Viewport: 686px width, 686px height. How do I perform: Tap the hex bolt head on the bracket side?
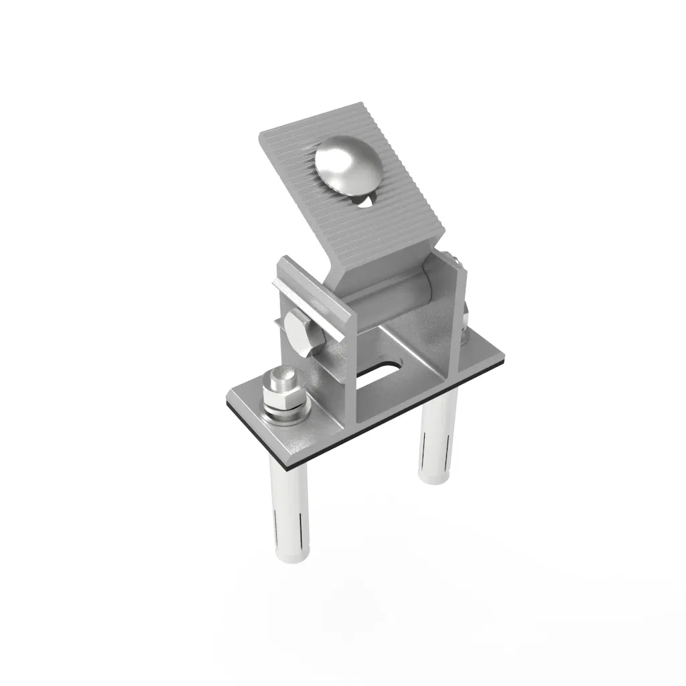click(303, 332)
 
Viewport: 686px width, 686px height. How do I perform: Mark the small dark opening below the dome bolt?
click(364, 200)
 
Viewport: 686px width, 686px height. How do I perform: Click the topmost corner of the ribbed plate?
click(364, 105)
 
